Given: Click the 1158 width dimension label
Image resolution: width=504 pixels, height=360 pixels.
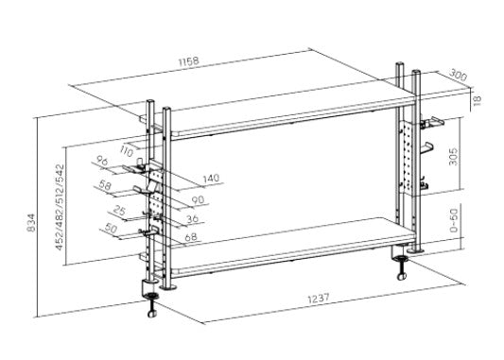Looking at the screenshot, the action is pyautogui.click(x=189, y=61).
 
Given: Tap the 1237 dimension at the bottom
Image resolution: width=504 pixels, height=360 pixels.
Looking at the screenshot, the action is pyautogui.click(x=319, y=299).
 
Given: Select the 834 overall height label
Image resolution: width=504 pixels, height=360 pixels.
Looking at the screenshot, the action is pyautogui.click(x=31, y=223).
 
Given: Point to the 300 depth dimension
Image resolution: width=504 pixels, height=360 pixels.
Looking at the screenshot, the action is pyautogui.click(x=458, y=76).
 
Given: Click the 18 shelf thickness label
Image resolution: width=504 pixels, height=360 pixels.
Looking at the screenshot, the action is pyautogui.click(x=478, y=99).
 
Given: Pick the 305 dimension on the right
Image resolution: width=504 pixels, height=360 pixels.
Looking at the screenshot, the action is pyautogui.click(x=453, y=157).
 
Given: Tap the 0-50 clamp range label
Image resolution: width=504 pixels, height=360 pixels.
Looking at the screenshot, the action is pyautogui.click(x=453, y=220).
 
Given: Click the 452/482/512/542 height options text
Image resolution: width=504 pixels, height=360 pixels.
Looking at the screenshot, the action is pyautogui.click(x=61, y=207).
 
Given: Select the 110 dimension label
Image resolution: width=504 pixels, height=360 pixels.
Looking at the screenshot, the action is pyautogui.click(x=126, y=151).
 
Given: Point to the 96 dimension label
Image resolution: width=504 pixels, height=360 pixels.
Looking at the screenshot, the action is pyautogui.click(x=102, y=162).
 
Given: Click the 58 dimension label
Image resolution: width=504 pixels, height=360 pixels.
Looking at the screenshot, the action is pyautogui.click(x=105, y=184).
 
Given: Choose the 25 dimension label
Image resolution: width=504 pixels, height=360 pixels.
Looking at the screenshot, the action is pyautogui.click(x=119, y=211).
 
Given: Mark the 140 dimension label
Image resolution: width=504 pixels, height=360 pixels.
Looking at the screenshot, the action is pyautogui.click(x=211, y=178).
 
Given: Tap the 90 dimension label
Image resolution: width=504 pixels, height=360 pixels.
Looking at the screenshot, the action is pyautogui.click(x=198, y=199).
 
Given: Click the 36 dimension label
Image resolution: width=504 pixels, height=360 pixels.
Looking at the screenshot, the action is pyautogui.click(x=192, y=219).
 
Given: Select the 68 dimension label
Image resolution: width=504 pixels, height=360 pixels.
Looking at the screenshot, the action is pyautogui.click(x=191, y=237).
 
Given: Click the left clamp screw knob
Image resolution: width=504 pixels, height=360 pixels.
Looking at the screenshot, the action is pyautogui.click(x=151, y=314).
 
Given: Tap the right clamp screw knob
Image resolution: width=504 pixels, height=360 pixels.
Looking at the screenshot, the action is pyautogui.click(x=402, y=276).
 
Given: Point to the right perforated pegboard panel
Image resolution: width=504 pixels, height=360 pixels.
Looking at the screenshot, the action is pyautogui.click(x=408, y=158).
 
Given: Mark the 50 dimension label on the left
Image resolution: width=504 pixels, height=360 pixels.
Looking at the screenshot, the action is pyautogui.click(x=111, y=229).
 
